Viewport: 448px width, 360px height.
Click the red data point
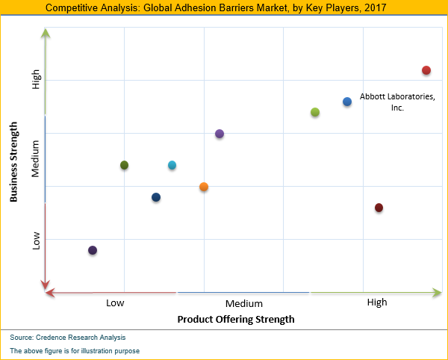pyautogui.click(x=426, y=70)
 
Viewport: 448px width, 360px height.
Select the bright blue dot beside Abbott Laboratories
pyautogui.click(x=347, y=102)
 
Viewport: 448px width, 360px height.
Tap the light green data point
pyautogui.click(x=315, y=112)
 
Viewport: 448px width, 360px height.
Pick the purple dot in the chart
pyautogui.click(x=220, y=134)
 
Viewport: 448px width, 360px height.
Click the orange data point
pyautogui.click(x=204, y=187)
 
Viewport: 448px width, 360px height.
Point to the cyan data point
pyautogui.click(x=172, y=165)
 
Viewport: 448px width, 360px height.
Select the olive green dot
pyautogui.click(x=125, y=165)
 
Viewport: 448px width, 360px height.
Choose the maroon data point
pyautogui.click(x=379, y=208)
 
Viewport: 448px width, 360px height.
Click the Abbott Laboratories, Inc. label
pyautogui.click(x=396, y=102)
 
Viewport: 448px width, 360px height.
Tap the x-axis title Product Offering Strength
pyautogui.click(x=236, y=319)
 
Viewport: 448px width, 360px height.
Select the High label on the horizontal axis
pyautogui.click(x=377, y=302)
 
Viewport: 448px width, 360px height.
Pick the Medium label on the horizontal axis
pyautogui.click(x=243, y=303)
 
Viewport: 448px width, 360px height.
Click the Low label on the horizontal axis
pyautogui.click(x=115, y=303)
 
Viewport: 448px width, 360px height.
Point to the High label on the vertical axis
pyautogui.click(x=36, y=80)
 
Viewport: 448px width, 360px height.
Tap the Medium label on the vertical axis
pyautogui.click(x=36, y=161)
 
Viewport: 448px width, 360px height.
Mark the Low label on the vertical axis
pyautogui.click(x=36, y=240)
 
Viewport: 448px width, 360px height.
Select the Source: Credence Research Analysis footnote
pyautogui.click(x=68, y=338)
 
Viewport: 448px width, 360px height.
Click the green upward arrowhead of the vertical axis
pyautogui.click(x=46, y=34)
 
